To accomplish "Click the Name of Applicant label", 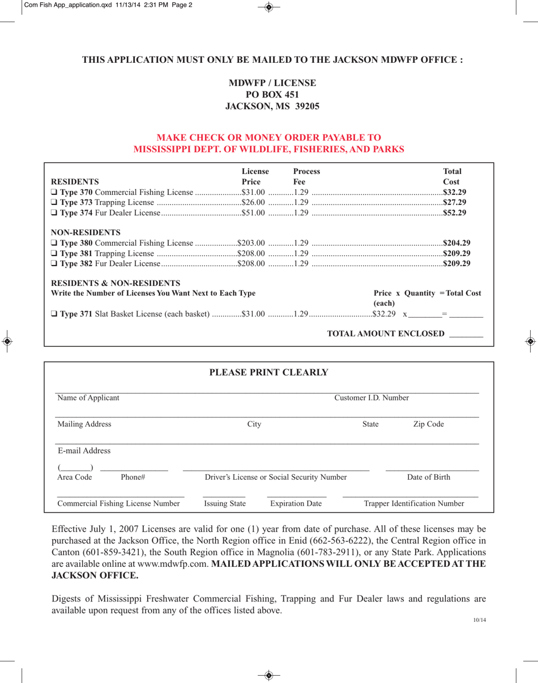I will (88, 398).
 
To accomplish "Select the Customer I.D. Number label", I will (372, 398).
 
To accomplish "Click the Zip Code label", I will (429, 424).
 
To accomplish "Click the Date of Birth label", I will (429, 477).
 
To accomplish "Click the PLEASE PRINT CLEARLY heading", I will (269, 373).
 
